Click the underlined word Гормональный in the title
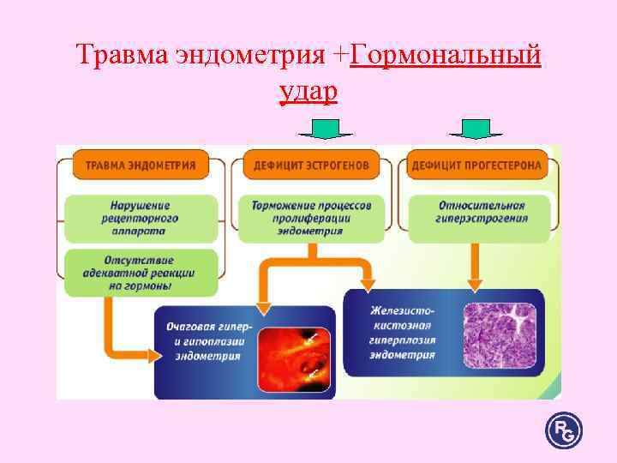[446, 56]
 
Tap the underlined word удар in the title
[308, 92]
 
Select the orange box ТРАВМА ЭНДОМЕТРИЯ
[140, 165]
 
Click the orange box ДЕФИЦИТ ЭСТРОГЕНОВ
[311, 165]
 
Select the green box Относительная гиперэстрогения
[482, 213]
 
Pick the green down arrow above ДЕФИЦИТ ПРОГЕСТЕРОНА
[476, 129]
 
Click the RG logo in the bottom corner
[563, 428]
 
